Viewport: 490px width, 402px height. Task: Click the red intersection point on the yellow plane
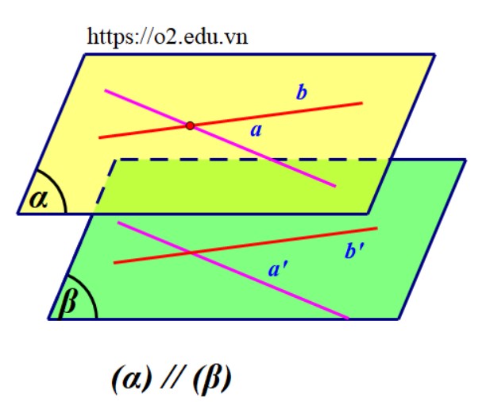tap(190, 126)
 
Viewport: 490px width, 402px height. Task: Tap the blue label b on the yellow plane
tap(302, 92)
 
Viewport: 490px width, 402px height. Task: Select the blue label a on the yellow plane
tap(256, 130)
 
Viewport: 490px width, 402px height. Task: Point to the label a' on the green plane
tap(278, 269)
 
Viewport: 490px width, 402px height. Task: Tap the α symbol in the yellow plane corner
tap(38, 199)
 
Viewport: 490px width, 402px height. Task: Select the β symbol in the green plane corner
tap(68, 301)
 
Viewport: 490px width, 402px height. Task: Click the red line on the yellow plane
tap(230, 120)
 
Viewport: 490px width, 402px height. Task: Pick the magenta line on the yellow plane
tap(220, 138)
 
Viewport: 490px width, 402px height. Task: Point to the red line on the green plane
tap(245, 245)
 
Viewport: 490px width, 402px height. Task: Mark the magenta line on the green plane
tap(233, 270)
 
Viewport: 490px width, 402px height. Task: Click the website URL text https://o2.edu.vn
tap(168, 37)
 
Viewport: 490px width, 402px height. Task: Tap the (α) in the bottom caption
tap(132, 378)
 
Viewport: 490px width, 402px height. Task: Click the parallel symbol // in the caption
tap(172, 377)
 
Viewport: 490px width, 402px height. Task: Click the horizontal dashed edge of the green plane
tap(253, 160)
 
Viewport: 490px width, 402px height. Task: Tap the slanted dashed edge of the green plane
tap(105, 187)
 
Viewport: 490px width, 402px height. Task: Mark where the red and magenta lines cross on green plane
tap(191, 253)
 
